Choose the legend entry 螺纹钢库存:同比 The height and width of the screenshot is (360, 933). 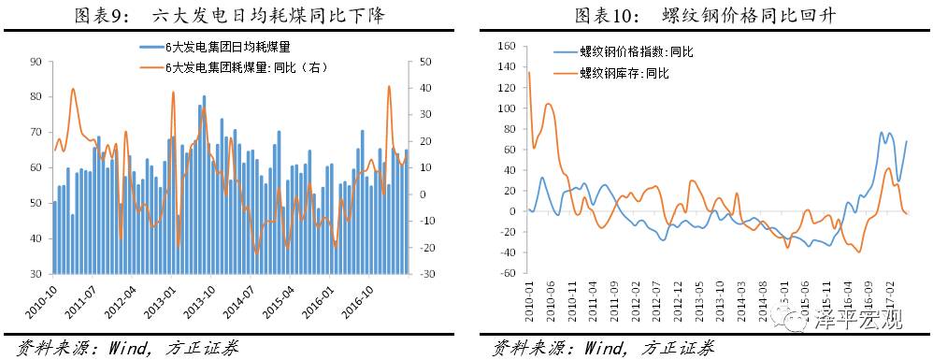point(621,72)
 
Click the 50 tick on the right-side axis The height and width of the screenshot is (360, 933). point(427,62)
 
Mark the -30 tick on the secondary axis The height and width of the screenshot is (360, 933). point(427,274)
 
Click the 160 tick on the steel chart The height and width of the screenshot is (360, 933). point(509,46)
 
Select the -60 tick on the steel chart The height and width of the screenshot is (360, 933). point(509,274)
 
